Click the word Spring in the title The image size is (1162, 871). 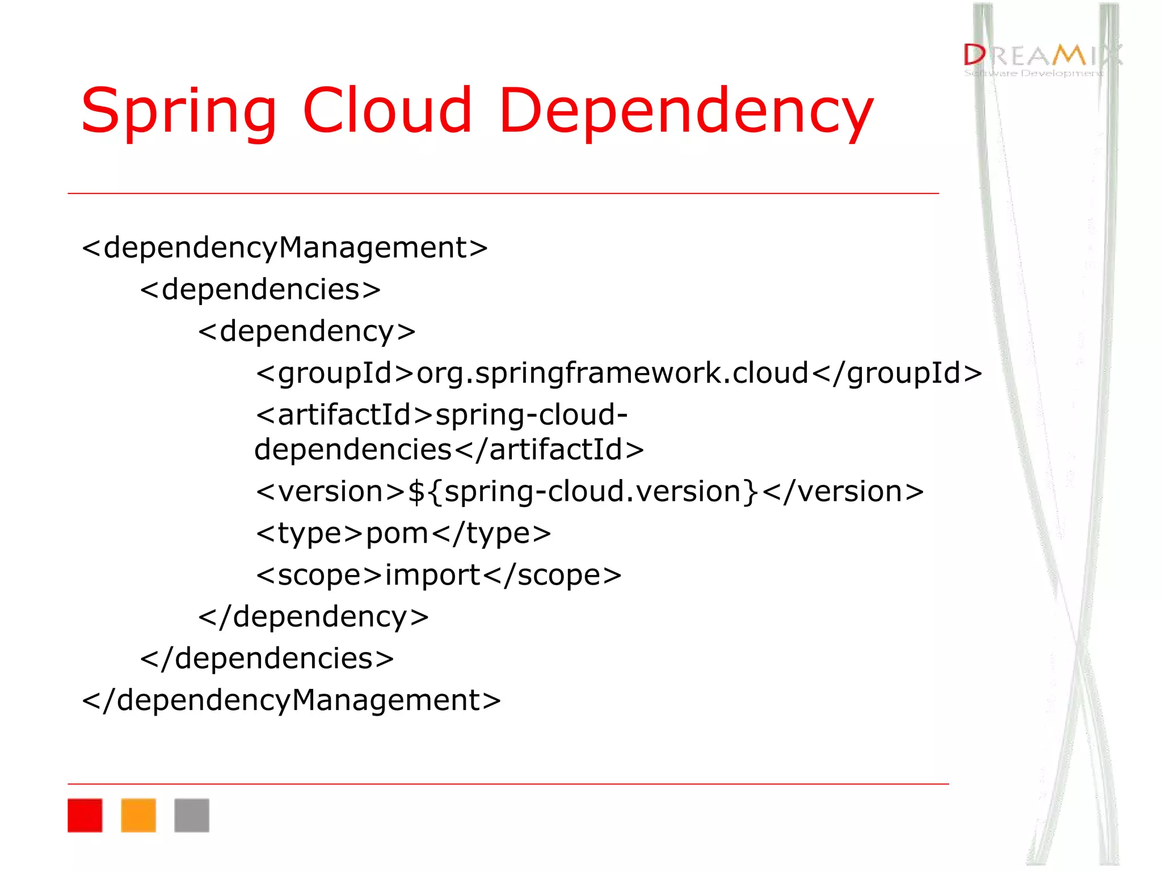(178, 111)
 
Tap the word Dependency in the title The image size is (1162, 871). (686, 111)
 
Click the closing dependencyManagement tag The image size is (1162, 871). (292, 700)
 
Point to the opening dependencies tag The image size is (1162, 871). (260, 290)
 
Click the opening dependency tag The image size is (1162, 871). (307, 332)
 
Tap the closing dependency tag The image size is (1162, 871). (314, 617)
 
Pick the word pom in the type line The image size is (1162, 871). (397, 534)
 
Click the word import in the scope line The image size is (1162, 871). (433, 576)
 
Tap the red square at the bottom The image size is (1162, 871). (85, 815)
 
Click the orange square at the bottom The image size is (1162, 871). (138, 815)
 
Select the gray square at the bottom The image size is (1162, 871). (192, 815)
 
